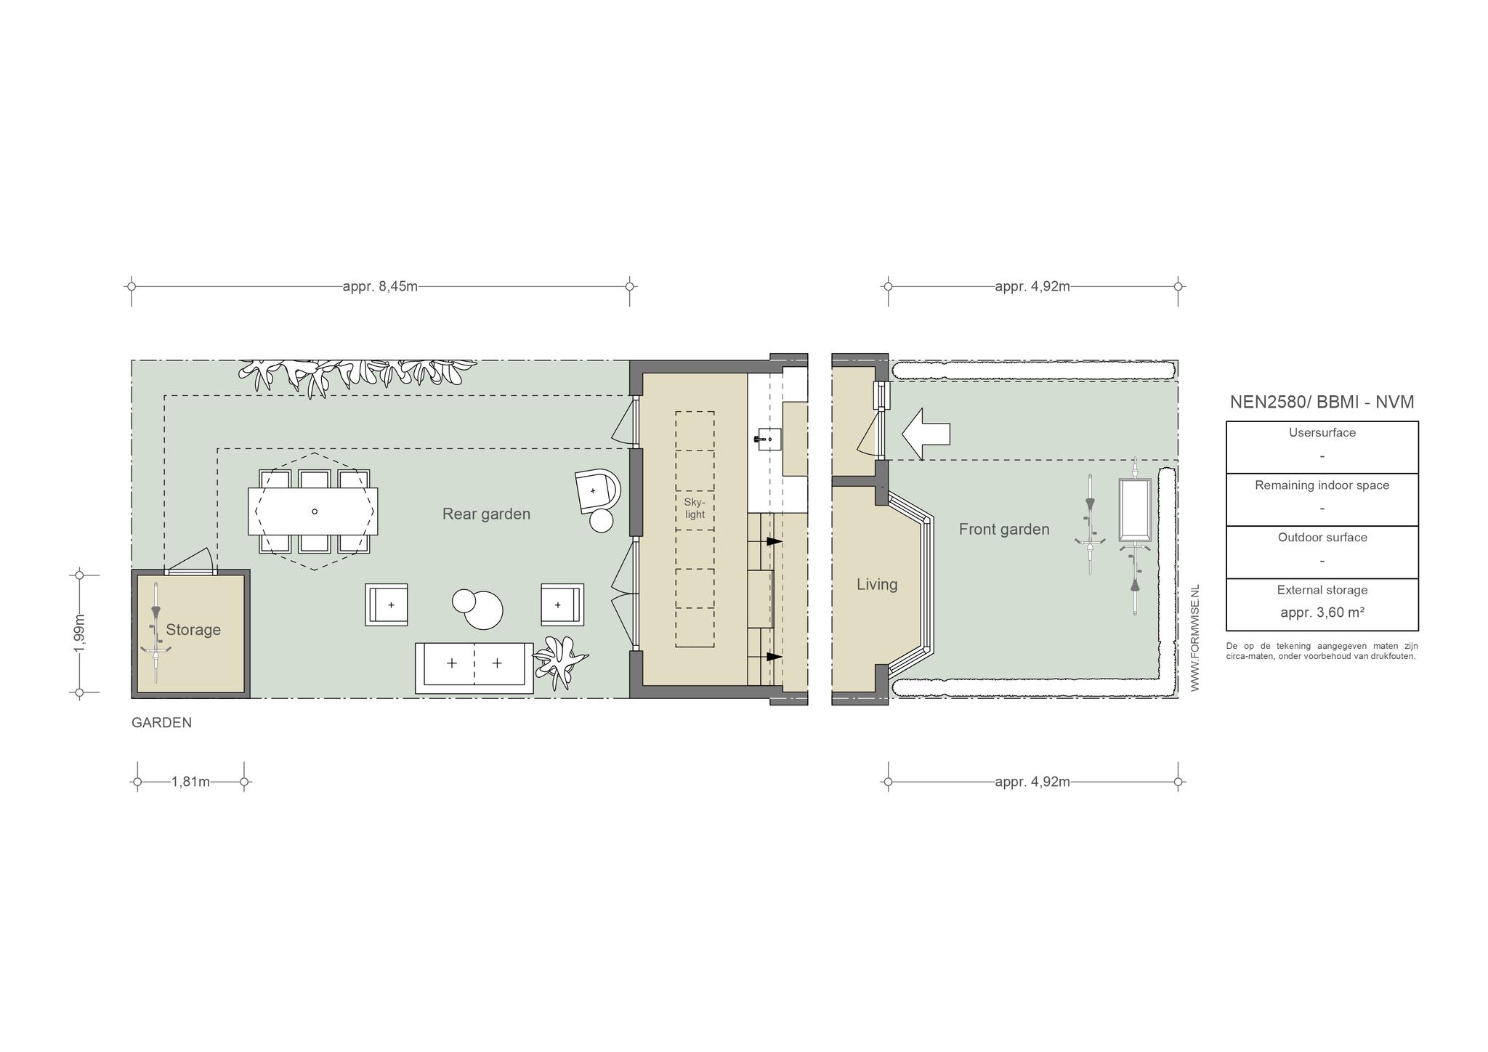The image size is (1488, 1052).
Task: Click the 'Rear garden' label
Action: (x=486, y=514)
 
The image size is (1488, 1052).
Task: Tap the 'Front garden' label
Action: (x=1004, y=530)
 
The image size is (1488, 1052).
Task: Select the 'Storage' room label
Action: (x=193, y=630)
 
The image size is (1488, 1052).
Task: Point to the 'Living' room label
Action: (x=877, y=584)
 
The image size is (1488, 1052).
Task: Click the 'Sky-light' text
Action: (x=695, y=508)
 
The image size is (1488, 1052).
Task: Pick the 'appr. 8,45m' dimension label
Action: (x=380, y=286)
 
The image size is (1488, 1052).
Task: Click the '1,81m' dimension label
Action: (x=190, y=782)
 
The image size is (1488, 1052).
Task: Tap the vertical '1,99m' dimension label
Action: (x=80, y=633)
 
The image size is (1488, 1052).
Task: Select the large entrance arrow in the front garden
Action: (x=926, y=434)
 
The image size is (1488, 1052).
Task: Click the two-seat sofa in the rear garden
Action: (x=474, y=668)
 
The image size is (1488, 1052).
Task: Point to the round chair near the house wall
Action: (x=597, y=491)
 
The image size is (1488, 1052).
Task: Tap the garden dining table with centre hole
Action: (x=313, y=511)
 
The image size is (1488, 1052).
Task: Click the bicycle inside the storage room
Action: (x=155, y=632)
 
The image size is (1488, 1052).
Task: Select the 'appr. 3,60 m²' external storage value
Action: (x=1322, y=612)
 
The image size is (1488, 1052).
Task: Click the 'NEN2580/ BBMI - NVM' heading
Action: (x=1322, y=402)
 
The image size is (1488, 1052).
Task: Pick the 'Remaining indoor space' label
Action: (x=1322, y=485)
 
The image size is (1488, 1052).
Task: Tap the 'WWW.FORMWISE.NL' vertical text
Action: (x=1195, y=638)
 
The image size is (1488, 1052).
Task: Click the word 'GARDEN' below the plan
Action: (x=161, y=723)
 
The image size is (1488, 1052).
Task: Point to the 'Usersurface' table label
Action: (x=1322, y=433)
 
